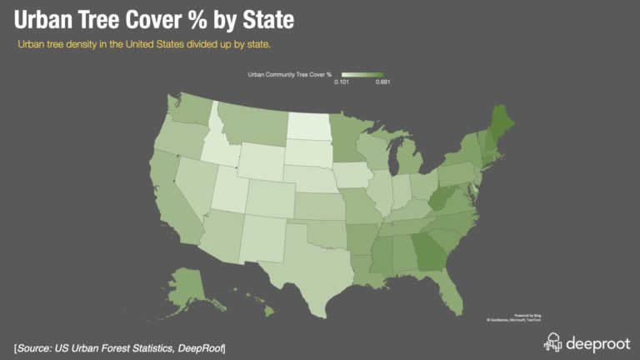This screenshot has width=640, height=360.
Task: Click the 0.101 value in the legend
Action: click(342, 82)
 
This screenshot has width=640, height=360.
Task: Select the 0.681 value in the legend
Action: click(382, 82)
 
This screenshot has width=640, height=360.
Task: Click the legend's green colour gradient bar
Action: click(362, 74)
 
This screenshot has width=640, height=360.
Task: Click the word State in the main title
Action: click(251, 19)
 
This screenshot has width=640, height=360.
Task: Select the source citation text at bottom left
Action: click(120, 346)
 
